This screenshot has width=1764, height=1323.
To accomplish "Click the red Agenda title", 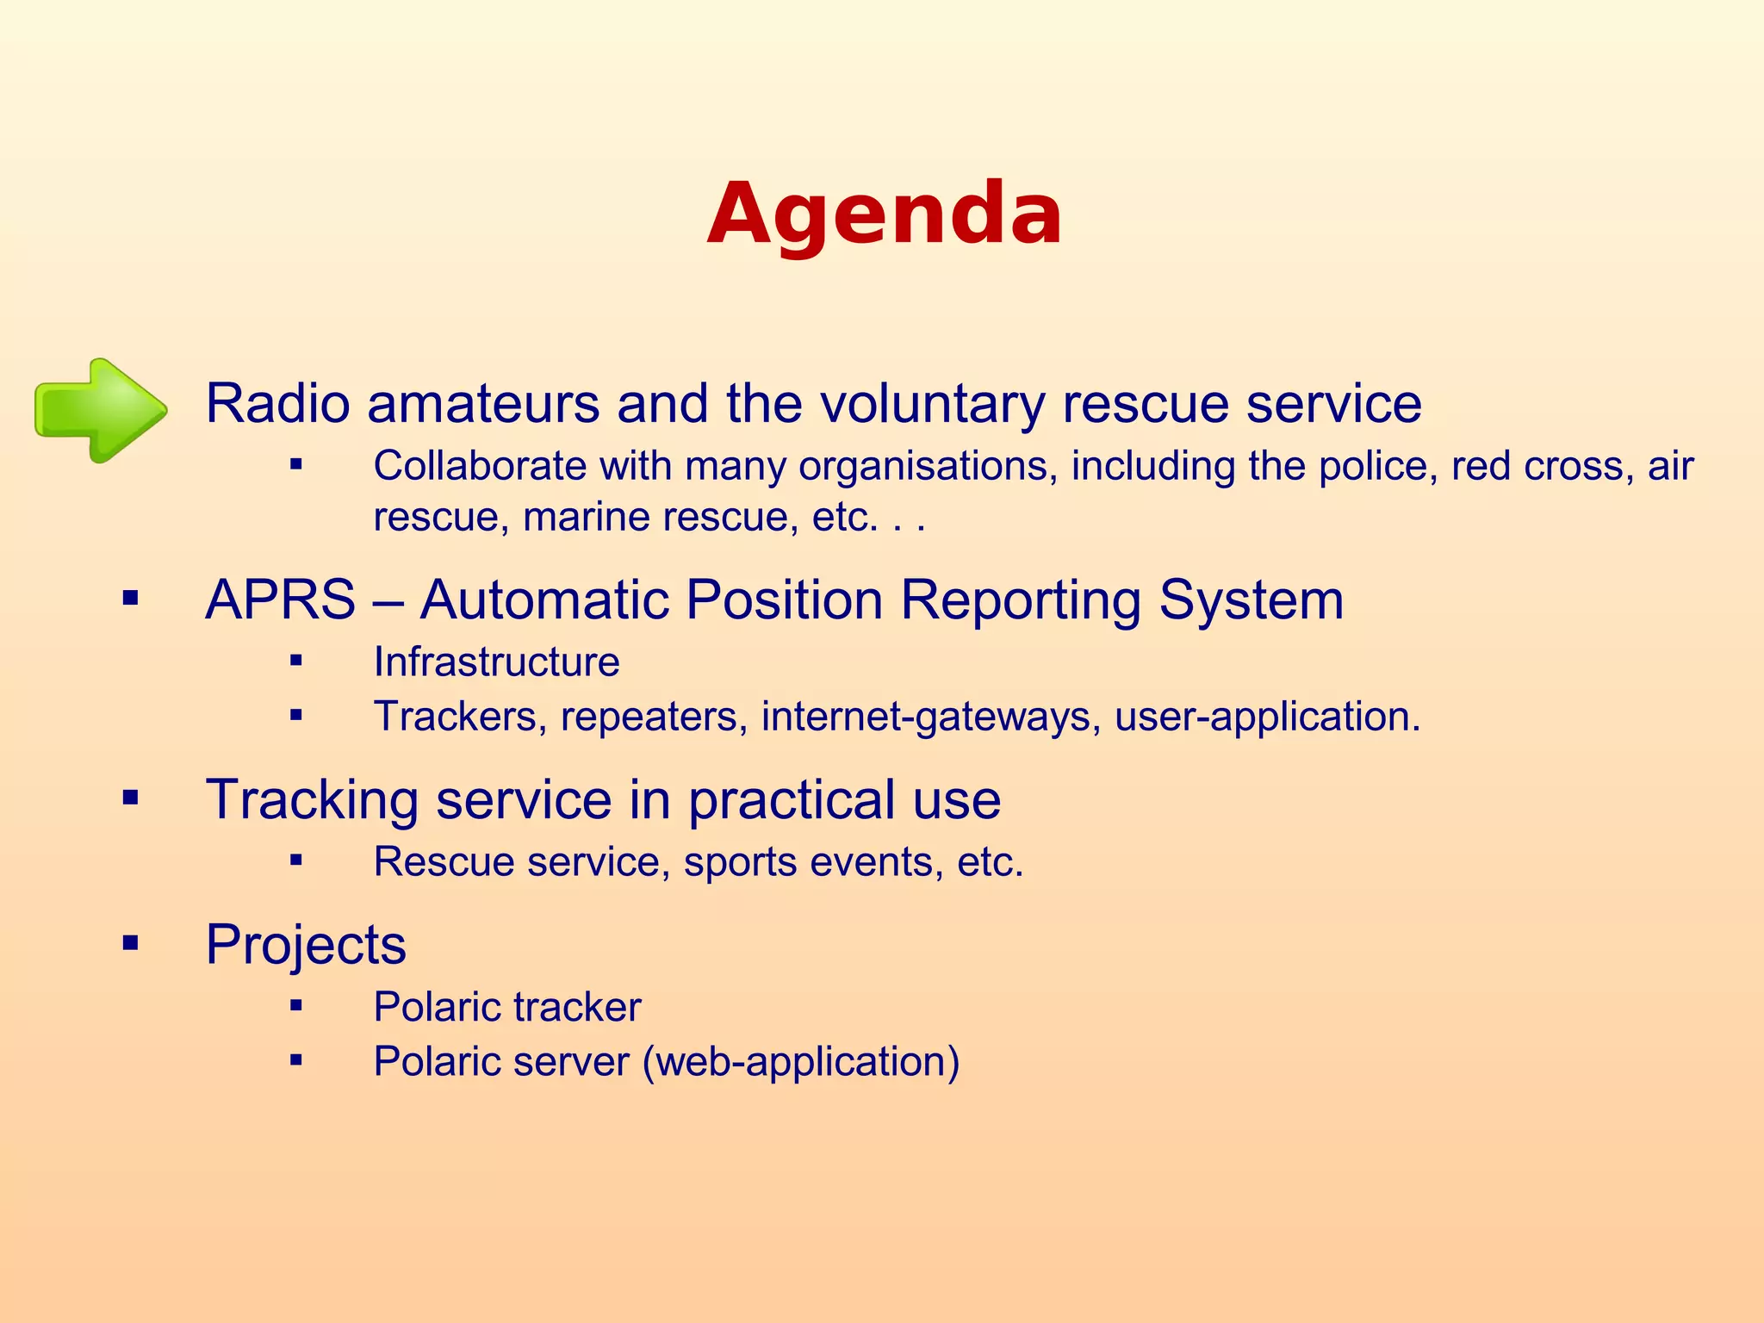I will (x=884, y=214).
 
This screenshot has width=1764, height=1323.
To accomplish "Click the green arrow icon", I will (x=101, y=410).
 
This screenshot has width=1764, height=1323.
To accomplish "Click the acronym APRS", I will (x=280, y=599).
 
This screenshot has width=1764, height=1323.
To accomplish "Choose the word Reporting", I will (x=1020, y=601).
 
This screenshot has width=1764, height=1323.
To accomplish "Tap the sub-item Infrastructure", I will (x=496, y=662).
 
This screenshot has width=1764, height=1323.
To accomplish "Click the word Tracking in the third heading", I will (x=312, y=800).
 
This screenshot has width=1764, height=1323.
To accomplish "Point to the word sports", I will (x=740, y=862).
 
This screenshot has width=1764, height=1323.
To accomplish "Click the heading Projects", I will (x=305, y=946).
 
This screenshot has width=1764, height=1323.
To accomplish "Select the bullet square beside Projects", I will (x=130, y=943).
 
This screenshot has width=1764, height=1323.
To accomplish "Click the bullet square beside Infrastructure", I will (x=296, y=661).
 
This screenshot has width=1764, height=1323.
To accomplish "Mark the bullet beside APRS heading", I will (x=130, y=598).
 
